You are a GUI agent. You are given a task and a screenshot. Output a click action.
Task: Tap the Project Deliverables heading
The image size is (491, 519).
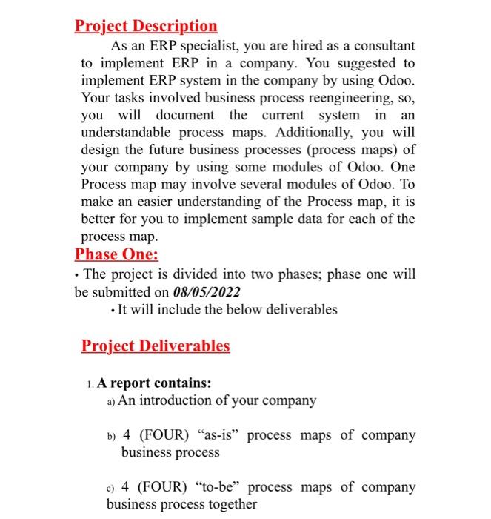pos(156,346)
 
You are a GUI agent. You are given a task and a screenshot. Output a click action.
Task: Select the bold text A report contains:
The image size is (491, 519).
pos(154,383)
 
